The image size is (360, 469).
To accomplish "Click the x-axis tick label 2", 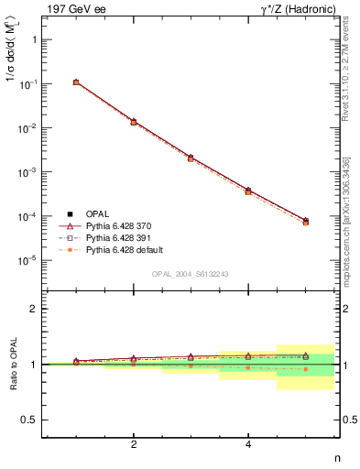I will pyautogui.click(x=134, y=445).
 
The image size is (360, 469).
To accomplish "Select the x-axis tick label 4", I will pyautogui.click(x=248, y=445).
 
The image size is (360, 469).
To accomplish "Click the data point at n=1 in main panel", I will pyautogui.click(x=76, y=82).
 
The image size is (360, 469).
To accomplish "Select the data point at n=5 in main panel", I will pyautogui.click(x=306, y=222).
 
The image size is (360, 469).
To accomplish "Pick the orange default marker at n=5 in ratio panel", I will pyautogui.click(x=306, y=369).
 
